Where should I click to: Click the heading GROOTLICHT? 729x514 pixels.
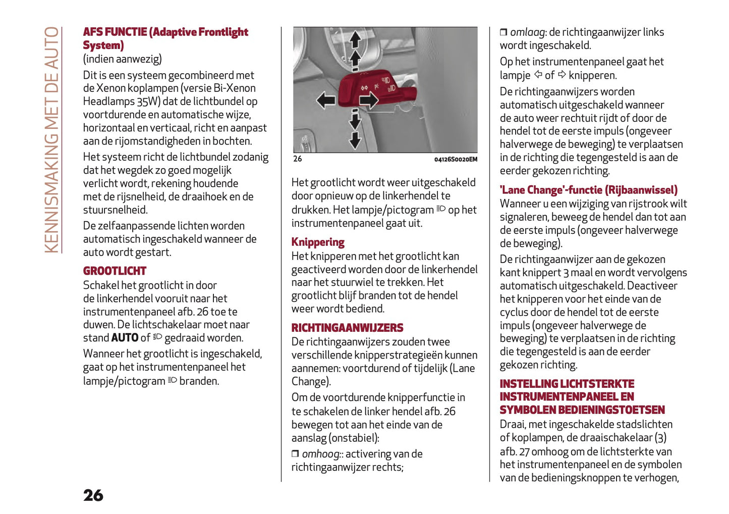tap(115, 271)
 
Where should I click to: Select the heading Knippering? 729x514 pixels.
tap(318, 242)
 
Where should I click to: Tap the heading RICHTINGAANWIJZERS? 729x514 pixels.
tap(347, 328)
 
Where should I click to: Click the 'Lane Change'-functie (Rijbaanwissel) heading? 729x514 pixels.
tap(588, 190)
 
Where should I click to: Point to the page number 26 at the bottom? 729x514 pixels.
tap(93, 495)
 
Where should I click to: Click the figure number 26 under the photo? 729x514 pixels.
tap(298, 159)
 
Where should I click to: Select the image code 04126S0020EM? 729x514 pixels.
tap(456, 160)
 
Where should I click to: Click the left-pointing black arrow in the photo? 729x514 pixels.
tap(326, 99)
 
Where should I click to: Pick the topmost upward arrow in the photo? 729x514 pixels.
tap(355, 39)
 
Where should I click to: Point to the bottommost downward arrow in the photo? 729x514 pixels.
tap(355, 139)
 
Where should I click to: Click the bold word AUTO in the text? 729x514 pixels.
tap(125, 338)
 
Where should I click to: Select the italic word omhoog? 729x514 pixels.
tap(320, 454)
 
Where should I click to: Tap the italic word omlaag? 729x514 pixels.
tap(527, 32)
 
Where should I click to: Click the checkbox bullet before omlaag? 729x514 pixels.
tap(503, 32)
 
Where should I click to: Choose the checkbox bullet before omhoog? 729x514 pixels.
tap(295, 454)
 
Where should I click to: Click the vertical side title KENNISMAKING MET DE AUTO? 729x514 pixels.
tap(52, 139)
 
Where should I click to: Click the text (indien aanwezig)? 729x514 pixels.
tap(123, 59)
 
